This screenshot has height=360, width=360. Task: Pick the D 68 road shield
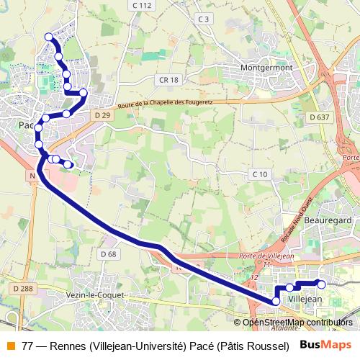click(x=109, y=254)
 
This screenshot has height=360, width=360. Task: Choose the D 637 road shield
click(x=319, y=117)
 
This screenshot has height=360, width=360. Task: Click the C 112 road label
click(x=142, y=5)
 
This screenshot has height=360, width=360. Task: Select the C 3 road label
click(x=204, y=19)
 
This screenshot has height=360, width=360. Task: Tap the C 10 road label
click(x=259, y=174)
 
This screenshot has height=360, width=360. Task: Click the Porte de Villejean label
click(x=261, y=257)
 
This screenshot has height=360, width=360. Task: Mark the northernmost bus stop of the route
click(x=48, y=37)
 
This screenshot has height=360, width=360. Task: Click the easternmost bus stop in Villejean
click(x=321, y=284)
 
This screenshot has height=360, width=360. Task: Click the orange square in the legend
click(x=9, y=345)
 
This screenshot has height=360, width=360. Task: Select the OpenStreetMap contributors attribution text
click(x=297, y=322)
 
